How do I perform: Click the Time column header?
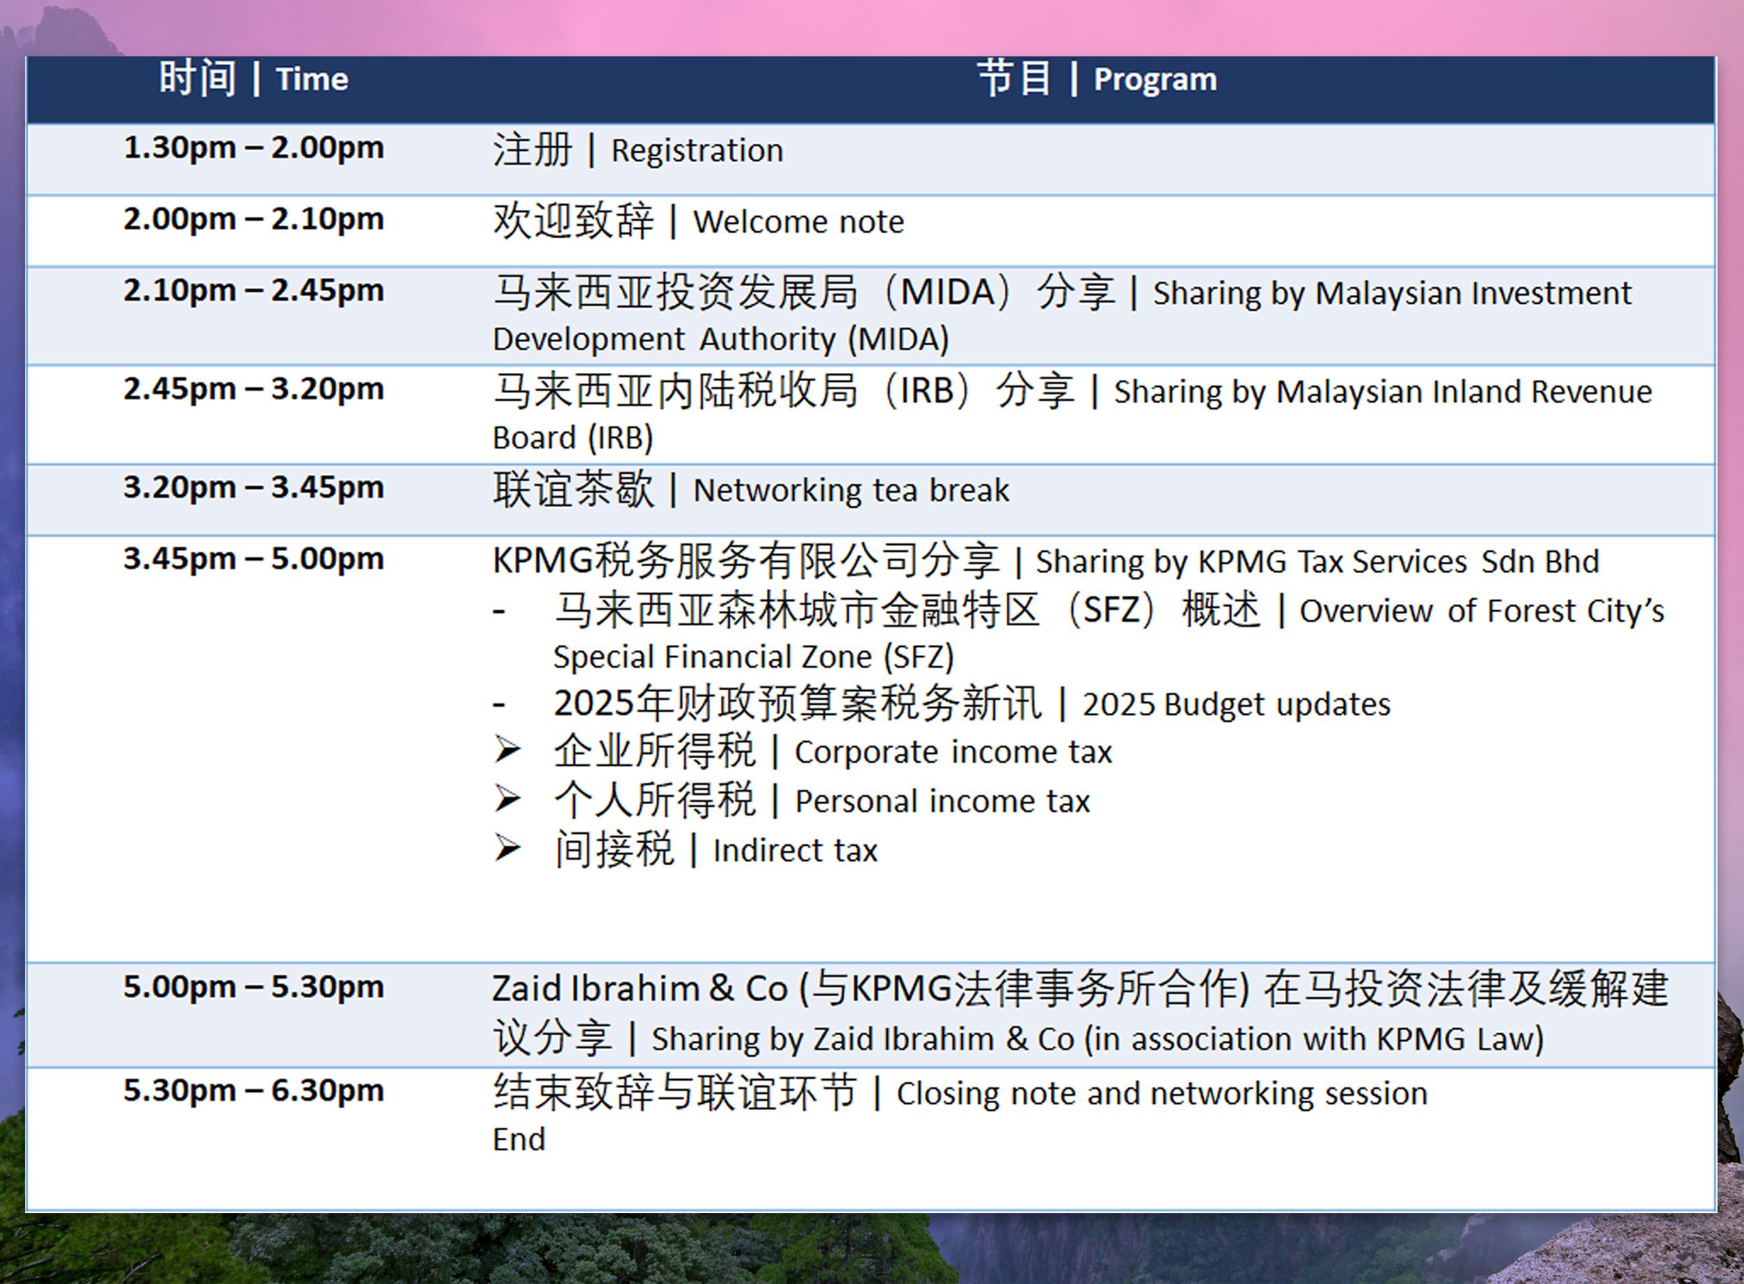(x=253, y=79)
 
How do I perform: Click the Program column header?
(x=1097, y=79)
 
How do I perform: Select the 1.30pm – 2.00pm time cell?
(x=253, y=147)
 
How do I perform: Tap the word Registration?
(x=697, y=151)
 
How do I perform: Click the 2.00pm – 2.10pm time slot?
(x=253, y=219)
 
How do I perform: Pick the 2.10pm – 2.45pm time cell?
(x=253, y=291)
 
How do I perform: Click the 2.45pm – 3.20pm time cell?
(x=253, y=389)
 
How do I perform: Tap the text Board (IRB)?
(x=573, y=438)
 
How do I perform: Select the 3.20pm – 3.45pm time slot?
(x=253, y=488)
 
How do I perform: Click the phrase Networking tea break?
(x=851, y=491)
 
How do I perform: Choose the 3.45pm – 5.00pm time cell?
(x=253, y=559)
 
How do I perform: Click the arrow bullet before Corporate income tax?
(x=508, y=750)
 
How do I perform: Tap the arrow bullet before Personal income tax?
(x=508, y=799)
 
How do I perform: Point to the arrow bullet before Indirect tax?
(x=508, y=848)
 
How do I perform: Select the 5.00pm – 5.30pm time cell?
(x=253, y=987)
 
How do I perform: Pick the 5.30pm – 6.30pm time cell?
(x=253, y=1091)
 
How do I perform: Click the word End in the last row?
(x=519, y=1139)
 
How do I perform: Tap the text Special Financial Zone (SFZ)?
(x=754, y=657)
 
